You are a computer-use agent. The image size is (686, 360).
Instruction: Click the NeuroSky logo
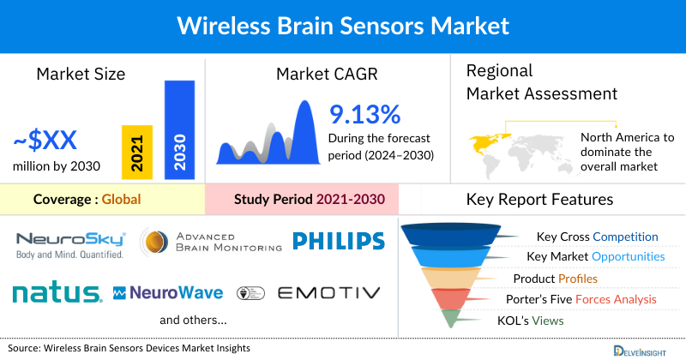coord(71,243)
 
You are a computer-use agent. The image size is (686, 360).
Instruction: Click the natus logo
coord(57,293)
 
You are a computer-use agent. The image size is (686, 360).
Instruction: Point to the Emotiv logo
coord(329,293)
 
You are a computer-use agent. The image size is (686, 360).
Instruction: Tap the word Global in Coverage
coord(121,200)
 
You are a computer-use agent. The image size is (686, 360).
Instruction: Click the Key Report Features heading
coord(539,200)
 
